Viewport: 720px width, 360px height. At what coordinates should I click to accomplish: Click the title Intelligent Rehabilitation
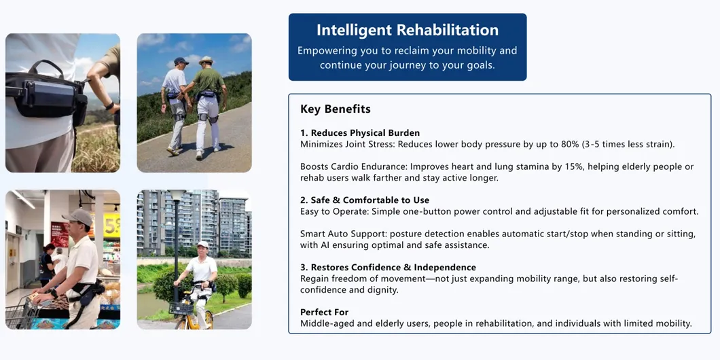[x=408, y=30]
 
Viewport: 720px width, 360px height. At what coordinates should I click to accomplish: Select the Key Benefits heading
[x=336, y=109]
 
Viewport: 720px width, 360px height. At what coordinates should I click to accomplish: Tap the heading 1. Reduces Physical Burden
[x=360, y=133]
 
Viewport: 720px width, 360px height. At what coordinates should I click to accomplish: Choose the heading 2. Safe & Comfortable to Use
[x=365, y=200]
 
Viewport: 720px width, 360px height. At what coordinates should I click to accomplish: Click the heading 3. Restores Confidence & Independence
[x=388, y=268]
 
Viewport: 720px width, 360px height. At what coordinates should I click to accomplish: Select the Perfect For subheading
[x=324, y=312]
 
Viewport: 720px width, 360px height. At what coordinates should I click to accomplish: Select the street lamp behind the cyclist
[x=175, y=231]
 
